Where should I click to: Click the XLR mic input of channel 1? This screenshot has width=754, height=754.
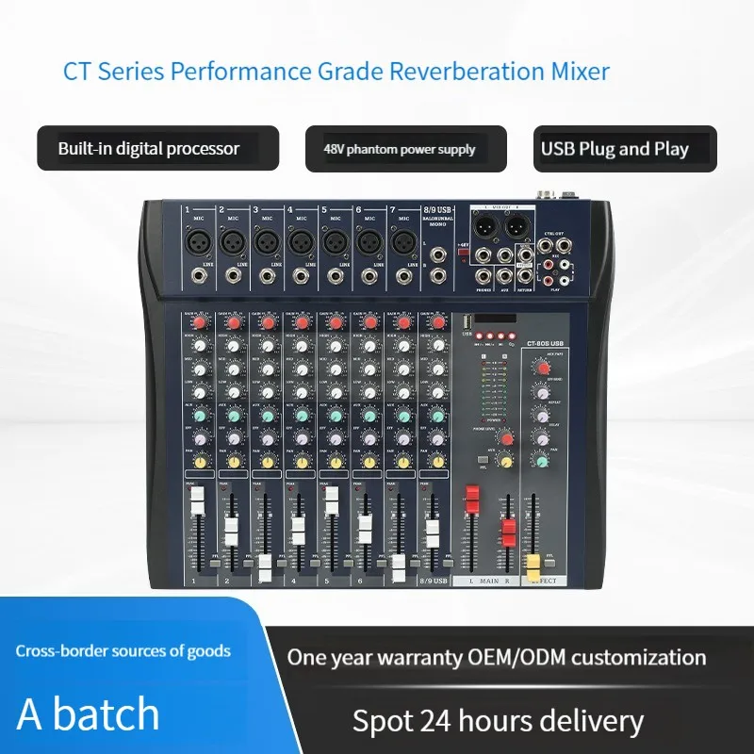coord(197,241)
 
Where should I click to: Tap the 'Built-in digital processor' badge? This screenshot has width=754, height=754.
coord(157,148)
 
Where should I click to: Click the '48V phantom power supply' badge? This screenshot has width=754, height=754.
coord(406,149)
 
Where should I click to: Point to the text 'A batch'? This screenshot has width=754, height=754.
coord(90,713)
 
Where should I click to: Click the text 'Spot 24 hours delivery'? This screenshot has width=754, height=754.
coord(498,721)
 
